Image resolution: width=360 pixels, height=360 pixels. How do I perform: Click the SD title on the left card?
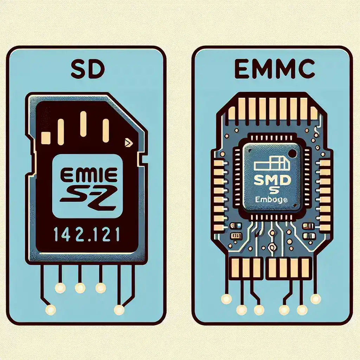(87, 71)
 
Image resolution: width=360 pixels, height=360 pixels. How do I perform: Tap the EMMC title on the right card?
(275, 71)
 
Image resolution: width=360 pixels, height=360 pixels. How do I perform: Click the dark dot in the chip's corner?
(291, 153)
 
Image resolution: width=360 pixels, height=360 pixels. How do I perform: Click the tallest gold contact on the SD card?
(83, 124)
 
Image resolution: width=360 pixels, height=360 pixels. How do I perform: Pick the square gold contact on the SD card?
(46, 137)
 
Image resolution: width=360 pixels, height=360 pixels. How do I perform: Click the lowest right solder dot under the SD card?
(119, 310)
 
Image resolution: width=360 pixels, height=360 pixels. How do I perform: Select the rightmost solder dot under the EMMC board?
(316, 299)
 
